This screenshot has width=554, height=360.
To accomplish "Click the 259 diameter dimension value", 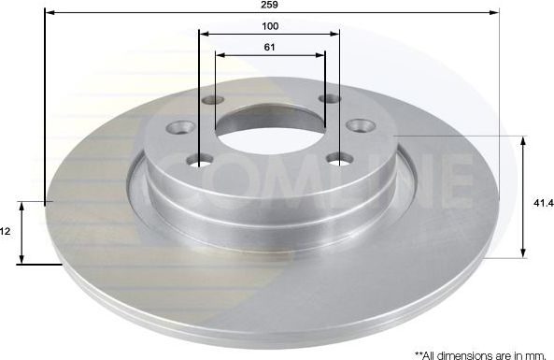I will (270, 5).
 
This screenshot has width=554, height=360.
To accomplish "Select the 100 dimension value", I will (270, 26).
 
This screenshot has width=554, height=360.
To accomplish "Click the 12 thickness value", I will (5, 230).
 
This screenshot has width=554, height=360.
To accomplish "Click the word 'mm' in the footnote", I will (533, 354).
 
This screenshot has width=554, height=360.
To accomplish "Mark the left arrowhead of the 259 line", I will (49, 13).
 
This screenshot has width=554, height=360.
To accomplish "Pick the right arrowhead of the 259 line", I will (495, 13).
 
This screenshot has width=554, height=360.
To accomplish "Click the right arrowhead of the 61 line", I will (321, 54).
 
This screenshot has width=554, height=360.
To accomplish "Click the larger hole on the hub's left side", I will (181, 127).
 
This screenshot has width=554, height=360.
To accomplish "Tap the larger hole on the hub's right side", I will (361, 125).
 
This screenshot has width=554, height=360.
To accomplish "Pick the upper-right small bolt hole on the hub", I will (329, 98).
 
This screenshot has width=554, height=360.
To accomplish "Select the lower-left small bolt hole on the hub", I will (199, 160).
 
